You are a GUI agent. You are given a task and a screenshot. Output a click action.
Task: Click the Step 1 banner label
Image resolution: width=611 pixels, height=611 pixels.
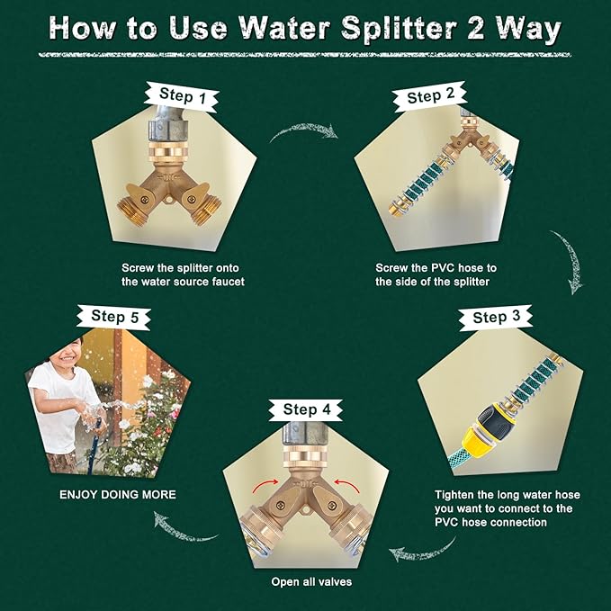tap(182, 96)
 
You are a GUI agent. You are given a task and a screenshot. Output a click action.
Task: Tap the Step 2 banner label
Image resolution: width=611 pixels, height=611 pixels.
tap(430, 96)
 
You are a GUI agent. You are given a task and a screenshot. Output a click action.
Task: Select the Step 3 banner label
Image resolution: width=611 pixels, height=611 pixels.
tap(496, 317)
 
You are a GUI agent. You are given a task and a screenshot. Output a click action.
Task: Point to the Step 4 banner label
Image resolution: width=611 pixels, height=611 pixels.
tap(306, 409)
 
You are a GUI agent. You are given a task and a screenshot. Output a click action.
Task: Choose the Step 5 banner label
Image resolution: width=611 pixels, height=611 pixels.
tap(114, 317)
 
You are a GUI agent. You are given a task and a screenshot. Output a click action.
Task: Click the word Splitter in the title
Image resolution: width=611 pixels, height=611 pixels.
tap(399, 29)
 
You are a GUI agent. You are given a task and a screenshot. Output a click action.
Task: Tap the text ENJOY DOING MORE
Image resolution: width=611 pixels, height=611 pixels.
tap(118, 495)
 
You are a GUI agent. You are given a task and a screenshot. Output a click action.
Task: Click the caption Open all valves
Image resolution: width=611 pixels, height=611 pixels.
tap(311, 582)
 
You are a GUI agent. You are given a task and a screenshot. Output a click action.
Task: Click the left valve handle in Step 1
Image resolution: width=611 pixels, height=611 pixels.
tap(138, 197)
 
